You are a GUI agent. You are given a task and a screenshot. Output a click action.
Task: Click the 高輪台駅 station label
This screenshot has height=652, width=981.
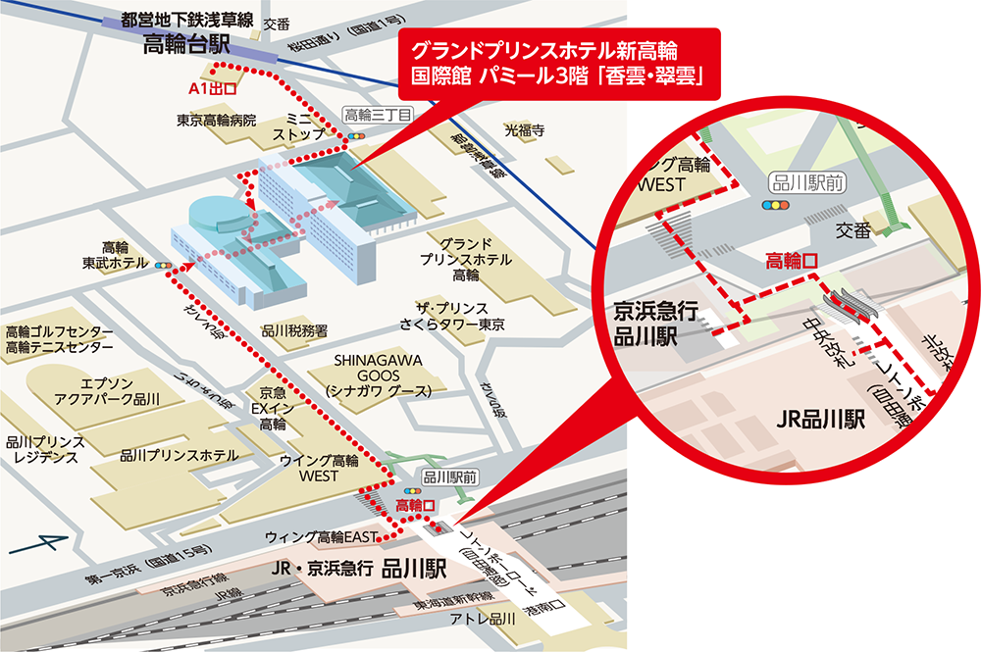[x=186, y=44]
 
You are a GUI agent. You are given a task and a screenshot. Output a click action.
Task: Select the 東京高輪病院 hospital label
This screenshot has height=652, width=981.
[x=216, y=121]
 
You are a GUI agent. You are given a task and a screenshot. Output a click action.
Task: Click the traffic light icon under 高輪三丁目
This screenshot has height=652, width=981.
[x=356, y=134]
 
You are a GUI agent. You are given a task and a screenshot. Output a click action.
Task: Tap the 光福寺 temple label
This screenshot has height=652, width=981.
[x=524, y=128]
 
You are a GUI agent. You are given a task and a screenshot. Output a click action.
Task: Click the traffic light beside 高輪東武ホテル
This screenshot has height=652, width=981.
[x=163, y=265]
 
